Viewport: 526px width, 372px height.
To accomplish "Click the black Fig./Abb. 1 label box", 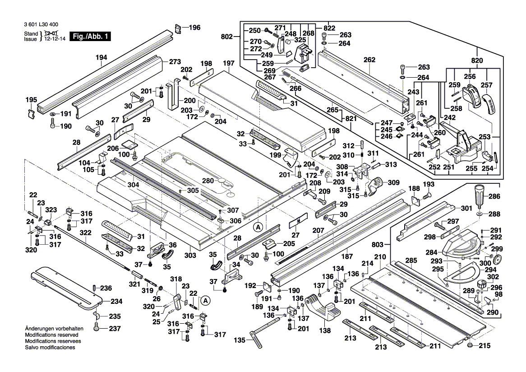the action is coord(90,36).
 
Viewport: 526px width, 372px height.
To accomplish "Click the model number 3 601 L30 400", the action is coord(41,24).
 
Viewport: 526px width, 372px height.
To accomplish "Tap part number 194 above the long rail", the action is coord(101,57).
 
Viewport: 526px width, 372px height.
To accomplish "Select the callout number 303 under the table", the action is coord(190,256).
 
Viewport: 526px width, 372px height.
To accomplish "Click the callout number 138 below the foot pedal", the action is coord(325,330).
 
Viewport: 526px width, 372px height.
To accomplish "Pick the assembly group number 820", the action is coord(477,60).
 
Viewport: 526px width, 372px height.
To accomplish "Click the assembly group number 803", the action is coord(378,245).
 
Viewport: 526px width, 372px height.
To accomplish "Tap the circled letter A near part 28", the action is coord(258,227).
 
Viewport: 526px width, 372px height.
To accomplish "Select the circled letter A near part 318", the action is coord(205,301).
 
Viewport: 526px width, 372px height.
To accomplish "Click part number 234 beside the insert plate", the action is coord(116,302).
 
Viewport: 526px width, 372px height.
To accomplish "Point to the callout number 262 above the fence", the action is coord(369,60).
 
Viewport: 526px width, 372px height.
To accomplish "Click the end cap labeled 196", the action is coord(179,29).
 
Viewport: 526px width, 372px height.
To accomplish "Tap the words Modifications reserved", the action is coord(52,335).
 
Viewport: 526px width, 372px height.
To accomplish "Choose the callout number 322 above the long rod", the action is coord(86,232).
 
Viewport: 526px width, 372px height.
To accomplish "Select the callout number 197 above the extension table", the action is coord(228,63).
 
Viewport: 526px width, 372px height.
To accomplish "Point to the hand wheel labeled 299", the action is coord(497,260).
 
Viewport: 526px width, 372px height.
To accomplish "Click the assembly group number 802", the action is coord(227,37).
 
